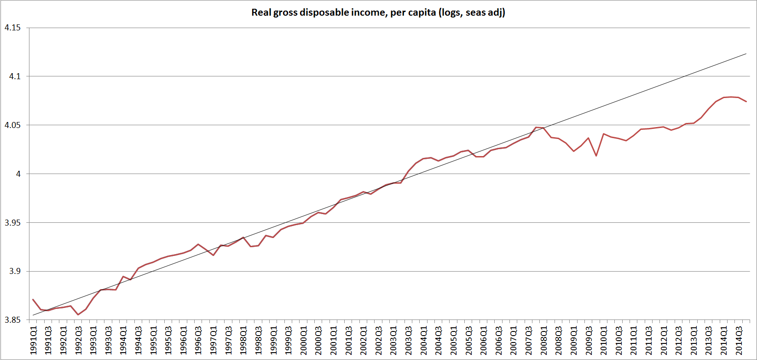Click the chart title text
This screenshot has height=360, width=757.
(x=378, y=13)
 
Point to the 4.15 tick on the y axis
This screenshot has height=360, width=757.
(x=12, y=28)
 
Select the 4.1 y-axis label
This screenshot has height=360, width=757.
(x=15, y=76)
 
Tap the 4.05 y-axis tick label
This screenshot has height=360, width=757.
(x=12, y=125)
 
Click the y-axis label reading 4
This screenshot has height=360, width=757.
(x=19, y=174)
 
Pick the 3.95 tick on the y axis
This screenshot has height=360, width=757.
(x=12, y=223)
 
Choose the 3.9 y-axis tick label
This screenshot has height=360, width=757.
(x=15, y=272)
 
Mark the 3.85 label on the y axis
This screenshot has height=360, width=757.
(x=12, y=320)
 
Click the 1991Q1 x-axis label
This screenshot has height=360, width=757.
(x=34, y=340)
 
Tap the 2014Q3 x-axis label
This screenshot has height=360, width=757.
(x=739, y=340)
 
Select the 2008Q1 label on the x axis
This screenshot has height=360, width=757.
(x=544, y=340)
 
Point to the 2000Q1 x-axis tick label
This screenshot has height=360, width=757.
(x=304, y=340)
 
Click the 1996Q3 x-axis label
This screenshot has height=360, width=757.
(x=198, y=340)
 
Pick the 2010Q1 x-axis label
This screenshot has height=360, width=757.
(x=604, y=340)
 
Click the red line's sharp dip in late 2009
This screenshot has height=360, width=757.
(x=596, y=156)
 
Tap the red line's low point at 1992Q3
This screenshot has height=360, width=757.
(x=78, y=315)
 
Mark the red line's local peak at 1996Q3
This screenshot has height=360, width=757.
(x=198, y=244)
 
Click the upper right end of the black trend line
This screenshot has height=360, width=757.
(x=746, y=54)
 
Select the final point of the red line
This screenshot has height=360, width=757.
(x=746, y=102)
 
